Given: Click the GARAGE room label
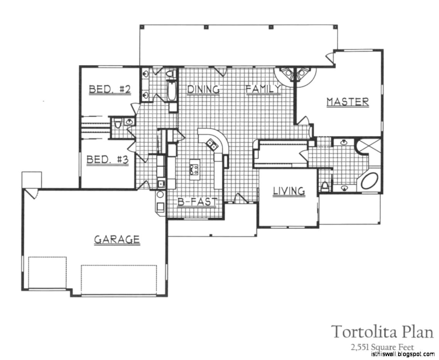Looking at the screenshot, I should click(117, 240).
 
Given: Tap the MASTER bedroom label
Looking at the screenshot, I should click(348, 102).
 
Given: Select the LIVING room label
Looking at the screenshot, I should click(289, 191).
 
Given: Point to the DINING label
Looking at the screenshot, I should click(203, 89).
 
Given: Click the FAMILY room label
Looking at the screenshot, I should click(263, 89).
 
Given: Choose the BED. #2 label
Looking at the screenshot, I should click(110, 90).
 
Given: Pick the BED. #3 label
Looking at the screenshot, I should click(107, 159).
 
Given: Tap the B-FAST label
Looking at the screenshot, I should click(197, 202).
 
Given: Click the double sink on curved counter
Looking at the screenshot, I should click(211, 144).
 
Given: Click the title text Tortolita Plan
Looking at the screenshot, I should click(382, 332).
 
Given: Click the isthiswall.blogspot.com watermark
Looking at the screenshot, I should click(402, 355).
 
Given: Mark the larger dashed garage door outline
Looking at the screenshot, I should click(119, 279).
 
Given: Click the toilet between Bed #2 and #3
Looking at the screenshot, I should click(118, 123).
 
